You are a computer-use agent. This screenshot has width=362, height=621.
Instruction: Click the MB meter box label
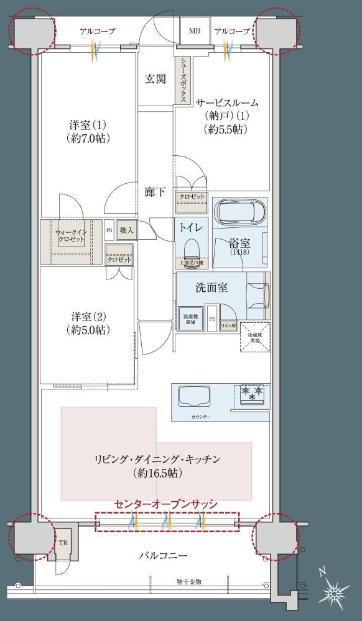(x=195, y=30)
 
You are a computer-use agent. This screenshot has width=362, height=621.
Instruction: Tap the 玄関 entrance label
(x=155, y=79)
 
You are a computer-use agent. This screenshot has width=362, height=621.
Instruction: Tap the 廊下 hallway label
(x=155, y=192)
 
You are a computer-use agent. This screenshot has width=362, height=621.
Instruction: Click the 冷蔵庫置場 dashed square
(x=255, y=337)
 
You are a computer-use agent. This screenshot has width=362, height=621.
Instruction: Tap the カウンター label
(x=202, y=417)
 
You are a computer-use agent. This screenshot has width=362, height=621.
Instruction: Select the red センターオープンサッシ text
(x=166, y=504)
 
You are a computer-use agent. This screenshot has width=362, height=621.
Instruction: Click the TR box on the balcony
(x=63, y=541)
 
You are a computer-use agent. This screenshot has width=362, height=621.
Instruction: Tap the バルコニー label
(x=162, y=555)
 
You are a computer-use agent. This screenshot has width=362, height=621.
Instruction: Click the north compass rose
(x=335, y=594)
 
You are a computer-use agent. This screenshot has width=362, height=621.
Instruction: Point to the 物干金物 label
(x=188, y=581)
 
